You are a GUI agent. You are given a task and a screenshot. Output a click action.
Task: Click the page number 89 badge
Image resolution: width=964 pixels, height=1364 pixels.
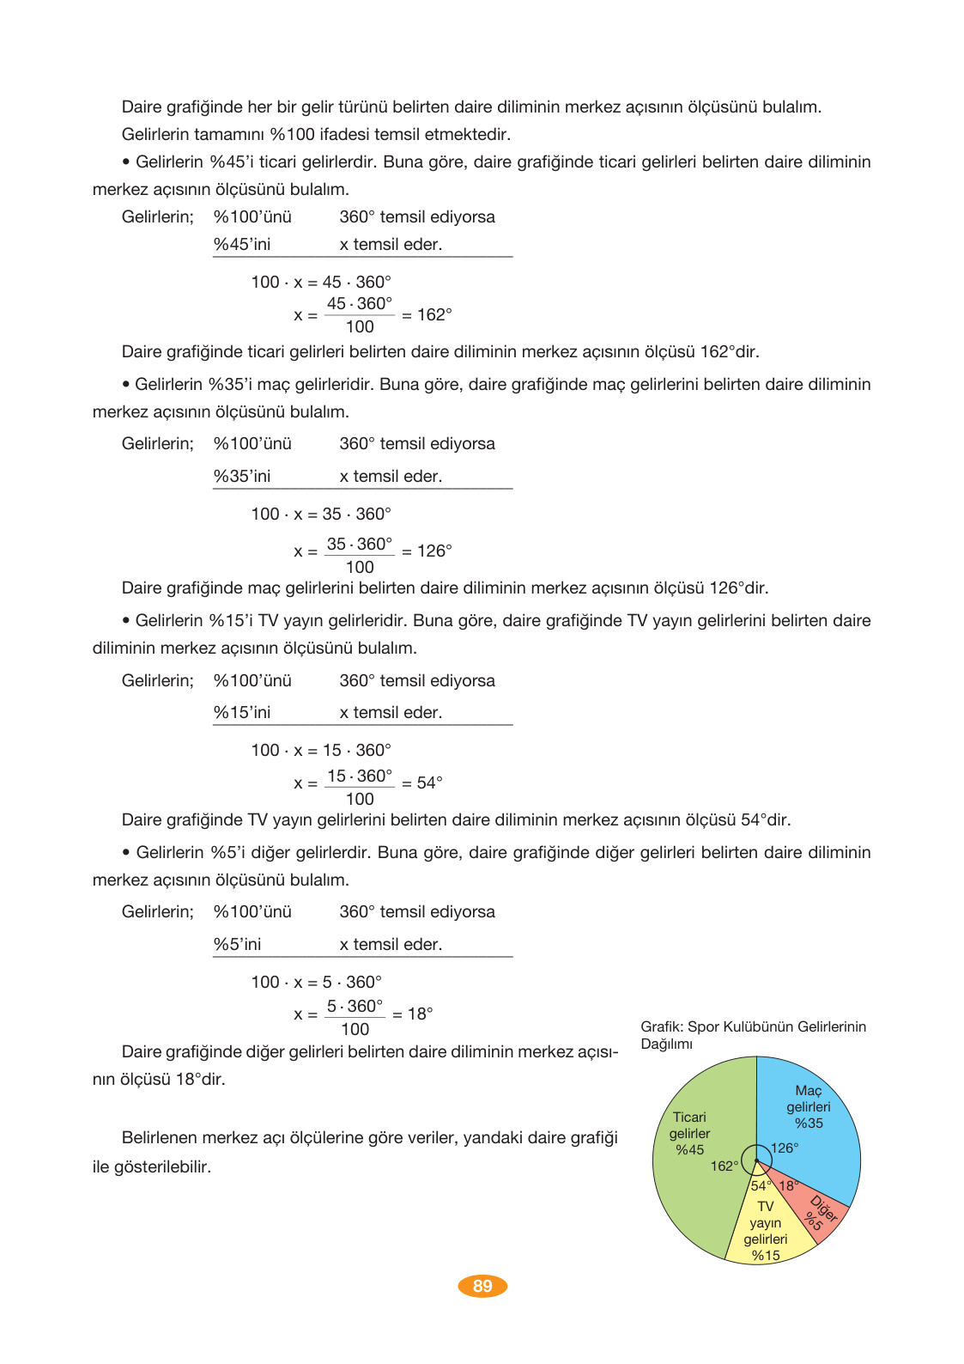[482, 1286]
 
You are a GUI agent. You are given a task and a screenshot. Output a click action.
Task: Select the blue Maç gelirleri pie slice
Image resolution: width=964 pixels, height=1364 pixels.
[811, 1125]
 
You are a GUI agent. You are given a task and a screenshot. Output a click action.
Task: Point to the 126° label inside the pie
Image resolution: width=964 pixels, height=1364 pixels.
[785, 1148]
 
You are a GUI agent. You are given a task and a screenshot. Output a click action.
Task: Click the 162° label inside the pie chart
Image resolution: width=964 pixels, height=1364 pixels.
[725, 1166]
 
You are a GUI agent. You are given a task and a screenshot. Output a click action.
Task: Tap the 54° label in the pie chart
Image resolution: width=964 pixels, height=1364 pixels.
[761, 1186]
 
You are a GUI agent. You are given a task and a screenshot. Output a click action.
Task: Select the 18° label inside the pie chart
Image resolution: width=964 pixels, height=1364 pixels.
[788, 1186]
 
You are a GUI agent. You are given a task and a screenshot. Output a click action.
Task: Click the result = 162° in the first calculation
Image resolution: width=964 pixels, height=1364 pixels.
[427, 315]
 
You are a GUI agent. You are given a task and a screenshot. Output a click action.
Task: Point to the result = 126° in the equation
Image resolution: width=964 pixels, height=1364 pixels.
[427, 551]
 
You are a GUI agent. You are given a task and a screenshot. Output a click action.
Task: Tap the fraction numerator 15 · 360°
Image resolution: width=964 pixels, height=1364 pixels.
[360, 776]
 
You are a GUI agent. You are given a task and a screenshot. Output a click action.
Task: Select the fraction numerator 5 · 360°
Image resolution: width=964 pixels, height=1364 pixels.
[355, 1006]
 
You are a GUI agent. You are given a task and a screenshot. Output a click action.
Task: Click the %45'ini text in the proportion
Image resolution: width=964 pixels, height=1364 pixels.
[242, 245]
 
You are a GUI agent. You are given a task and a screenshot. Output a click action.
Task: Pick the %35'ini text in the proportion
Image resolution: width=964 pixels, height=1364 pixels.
[242, 477]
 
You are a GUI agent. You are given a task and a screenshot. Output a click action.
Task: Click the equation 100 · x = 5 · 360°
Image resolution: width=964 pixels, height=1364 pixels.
[316, 982]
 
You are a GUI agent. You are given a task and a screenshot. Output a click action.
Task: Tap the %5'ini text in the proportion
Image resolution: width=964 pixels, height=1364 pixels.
[238, 945]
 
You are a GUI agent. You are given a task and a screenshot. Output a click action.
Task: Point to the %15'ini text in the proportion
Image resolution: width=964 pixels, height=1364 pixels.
[242, 713]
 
